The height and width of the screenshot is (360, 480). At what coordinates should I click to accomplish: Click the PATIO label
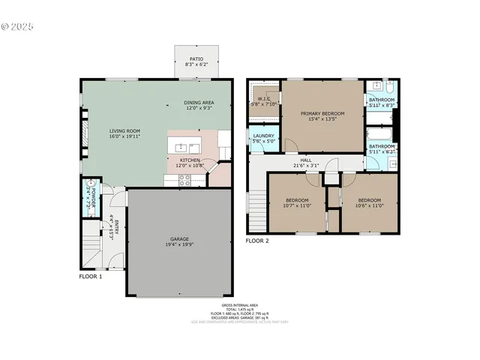tap(196, 57)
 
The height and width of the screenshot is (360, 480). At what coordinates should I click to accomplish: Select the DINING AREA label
tap(199, 103)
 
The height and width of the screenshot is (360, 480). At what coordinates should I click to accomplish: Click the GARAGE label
tap(178, 238)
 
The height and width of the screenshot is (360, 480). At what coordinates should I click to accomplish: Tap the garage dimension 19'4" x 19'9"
tap(178, 244)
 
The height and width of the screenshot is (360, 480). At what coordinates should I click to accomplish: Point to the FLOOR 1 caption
tap(91, 276)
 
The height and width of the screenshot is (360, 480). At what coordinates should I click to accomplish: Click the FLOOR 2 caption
tap(257, 240)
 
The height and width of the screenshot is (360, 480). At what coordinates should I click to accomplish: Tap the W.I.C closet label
tap(264, 98)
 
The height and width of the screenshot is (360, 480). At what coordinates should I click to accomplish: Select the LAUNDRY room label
tap(263, 136)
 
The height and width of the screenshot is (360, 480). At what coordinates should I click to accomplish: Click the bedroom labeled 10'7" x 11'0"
tap(297, 203)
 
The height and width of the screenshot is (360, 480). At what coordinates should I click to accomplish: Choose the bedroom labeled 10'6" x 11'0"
tap(368, 203)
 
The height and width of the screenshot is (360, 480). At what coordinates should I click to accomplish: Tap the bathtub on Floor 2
tap(376, 136)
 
